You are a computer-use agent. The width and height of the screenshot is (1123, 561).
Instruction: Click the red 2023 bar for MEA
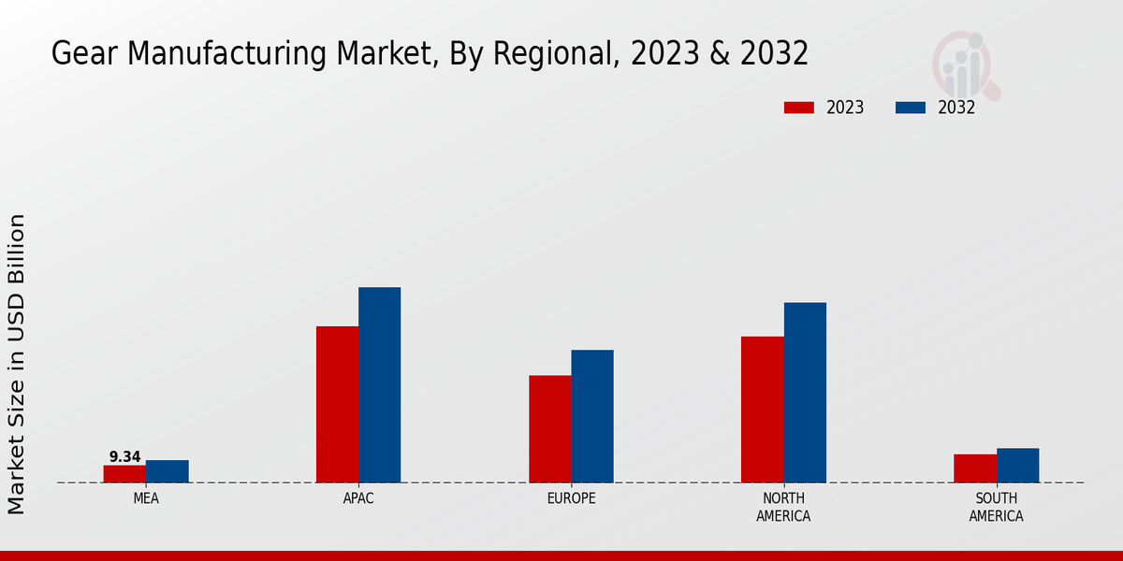124,474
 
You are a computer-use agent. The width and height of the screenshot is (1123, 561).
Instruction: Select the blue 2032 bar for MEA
167,471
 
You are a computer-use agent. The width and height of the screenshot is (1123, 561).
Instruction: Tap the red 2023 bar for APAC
337,404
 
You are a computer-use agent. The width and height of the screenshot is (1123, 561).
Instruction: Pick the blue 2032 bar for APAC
379,384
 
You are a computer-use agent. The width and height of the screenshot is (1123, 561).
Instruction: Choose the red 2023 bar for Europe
549,429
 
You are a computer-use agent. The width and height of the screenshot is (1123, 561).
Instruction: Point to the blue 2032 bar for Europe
592,416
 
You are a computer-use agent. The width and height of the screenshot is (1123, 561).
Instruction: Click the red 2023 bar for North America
762,410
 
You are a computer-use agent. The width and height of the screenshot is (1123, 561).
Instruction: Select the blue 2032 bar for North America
805,393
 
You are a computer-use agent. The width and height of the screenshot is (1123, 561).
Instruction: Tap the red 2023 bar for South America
975,468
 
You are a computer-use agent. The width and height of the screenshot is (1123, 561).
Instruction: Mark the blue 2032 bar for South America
1017,466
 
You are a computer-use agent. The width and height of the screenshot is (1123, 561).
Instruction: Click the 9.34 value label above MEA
124,457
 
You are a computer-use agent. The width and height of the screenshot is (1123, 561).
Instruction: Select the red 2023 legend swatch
799,108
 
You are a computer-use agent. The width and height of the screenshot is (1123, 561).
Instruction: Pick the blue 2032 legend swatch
910,108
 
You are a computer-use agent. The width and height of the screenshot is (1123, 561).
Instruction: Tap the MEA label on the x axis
146,498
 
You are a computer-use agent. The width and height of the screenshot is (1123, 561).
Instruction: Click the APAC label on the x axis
358,498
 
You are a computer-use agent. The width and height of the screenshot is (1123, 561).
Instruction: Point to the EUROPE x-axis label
571,498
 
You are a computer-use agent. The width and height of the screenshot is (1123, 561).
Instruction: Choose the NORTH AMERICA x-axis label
783,507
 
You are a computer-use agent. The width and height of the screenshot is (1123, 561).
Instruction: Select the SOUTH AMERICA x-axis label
996,507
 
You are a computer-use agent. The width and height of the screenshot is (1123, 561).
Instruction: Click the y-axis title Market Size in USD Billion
17,364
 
